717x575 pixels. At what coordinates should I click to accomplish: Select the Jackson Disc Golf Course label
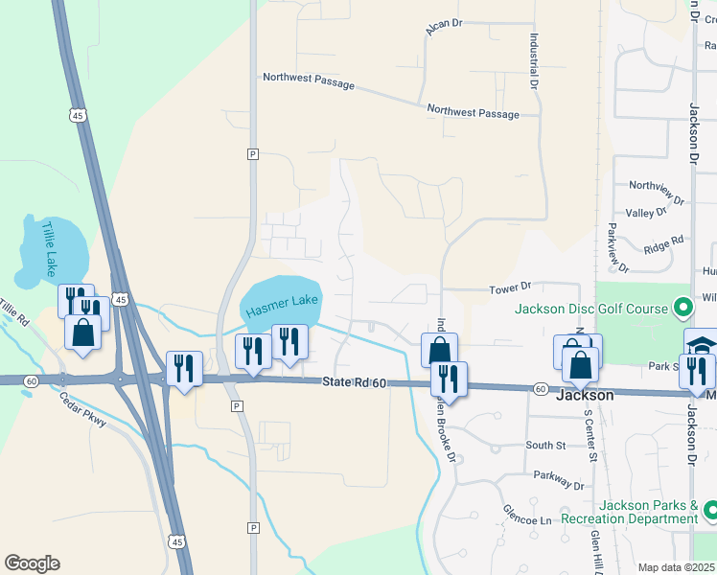[590, 310]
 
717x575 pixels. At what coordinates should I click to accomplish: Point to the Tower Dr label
[509, 287]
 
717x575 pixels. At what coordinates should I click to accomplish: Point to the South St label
[545, 446]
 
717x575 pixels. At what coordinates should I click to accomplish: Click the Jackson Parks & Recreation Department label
[648, 512]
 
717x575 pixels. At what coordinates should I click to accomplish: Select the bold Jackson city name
[585, 395]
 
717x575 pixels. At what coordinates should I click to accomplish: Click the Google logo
[32, 563]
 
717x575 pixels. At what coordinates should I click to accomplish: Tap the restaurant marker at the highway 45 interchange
[183, 369]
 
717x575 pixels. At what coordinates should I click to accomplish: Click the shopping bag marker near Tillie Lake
[83, 333]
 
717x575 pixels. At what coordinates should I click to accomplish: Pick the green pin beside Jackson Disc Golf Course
[682, 309]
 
